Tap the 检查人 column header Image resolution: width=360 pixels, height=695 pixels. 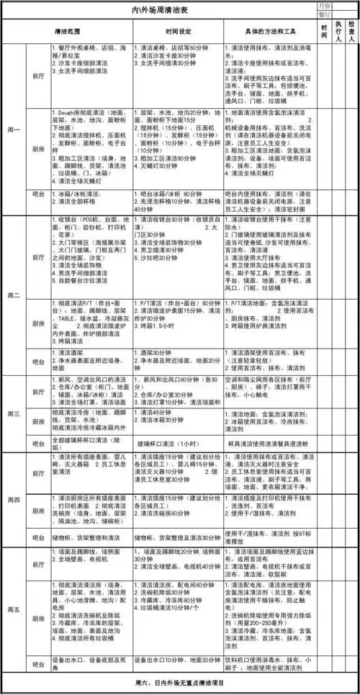(x=351, y=33)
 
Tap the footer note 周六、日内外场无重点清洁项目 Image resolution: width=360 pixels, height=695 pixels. (x=179, y=681)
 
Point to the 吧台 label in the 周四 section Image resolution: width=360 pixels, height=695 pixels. (x=38, y=536)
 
